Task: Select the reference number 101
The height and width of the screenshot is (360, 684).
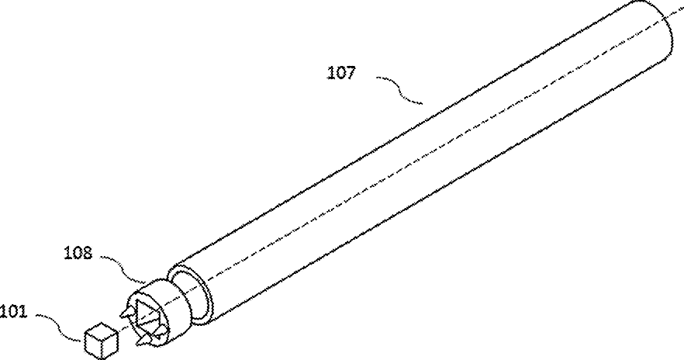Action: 14,313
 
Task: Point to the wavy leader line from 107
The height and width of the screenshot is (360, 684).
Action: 399,90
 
